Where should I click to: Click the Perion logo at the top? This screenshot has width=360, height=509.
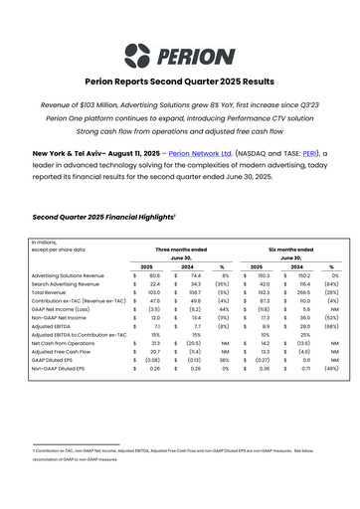click(179, 56)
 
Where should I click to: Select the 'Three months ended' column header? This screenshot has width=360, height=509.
click(180, 250)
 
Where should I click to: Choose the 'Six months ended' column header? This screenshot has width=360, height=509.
click(290, 250)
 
